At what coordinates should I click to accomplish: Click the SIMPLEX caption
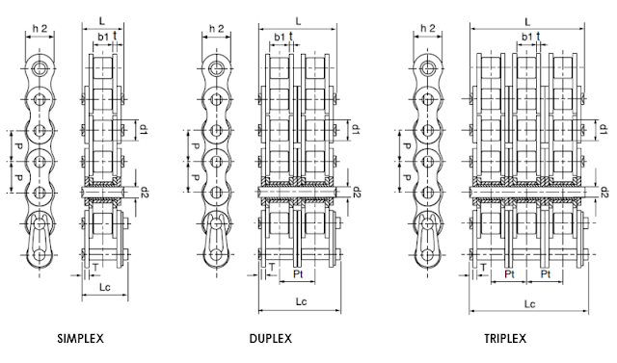[x=80, y=338]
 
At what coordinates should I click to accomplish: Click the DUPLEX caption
[x=271, y=338]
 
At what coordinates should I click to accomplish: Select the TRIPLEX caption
[x=505, y=338]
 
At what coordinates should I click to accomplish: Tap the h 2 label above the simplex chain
[x=40, y=28]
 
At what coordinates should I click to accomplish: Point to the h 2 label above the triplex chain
[x=428, y=28]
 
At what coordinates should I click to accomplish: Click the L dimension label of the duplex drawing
[x=298, y=21]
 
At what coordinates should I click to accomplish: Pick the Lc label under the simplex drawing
[x=105, y=287]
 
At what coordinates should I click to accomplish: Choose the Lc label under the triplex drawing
[x=529, y=304]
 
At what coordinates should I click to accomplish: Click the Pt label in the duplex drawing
[x=298, y=273]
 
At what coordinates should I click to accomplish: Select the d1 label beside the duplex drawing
[x=354, y=130]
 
